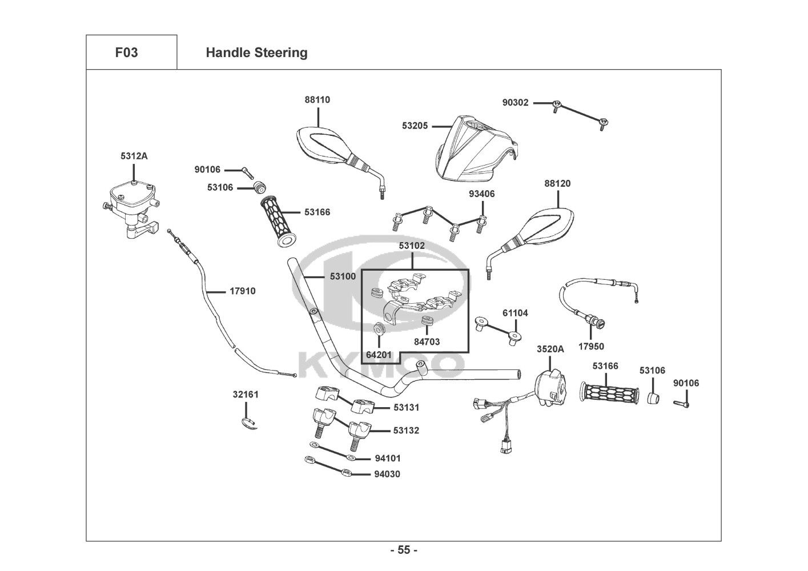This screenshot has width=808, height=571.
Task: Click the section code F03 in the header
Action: pyautogui.click(x=126, y=53)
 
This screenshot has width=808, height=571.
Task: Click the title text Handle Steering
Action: pyautogui.click(x=256, y=53)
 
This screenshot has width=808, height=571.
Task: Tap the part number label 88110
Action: pyautogui.click(x=317, y=99)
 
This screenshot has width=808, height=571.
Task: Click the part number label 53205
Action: pyautogui.click(x=415, y=126)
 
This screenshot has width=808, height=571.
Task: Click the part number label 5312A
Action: pyautogui.click(x=134, y=155)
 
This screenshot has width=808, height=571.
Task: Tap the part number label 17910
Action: pyautogui.click(x=243, y=291)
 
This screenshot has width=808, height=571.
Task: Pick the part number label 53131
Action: pyautogui.click(x=406, y=408)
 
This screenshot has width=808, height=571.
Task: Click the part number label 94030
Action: pyautogui.click(x=387, y=474)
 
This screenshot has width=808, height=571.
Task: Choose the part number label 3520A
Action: pyautogui.click(x=550, y=349)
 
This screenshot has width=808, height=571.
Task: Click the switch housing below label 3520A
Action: pyautogui.click(x=551, y=386)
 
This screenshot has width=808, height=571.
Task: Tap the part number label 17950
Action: pyautogui.click(x=591, y=346)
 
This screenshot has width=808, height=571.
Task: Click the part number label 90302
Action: pyautogui.click(x=515, y=103)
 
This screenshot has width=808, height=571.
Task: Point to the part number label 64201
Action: pyautogui.click(x=379, y=355)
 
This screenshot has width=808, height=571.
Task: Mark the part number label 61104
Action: pyautogui.click(x=515, y=313)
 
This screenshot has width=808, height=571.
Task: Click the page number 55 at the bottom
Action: pyautogui.click(x=404, y=550)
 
